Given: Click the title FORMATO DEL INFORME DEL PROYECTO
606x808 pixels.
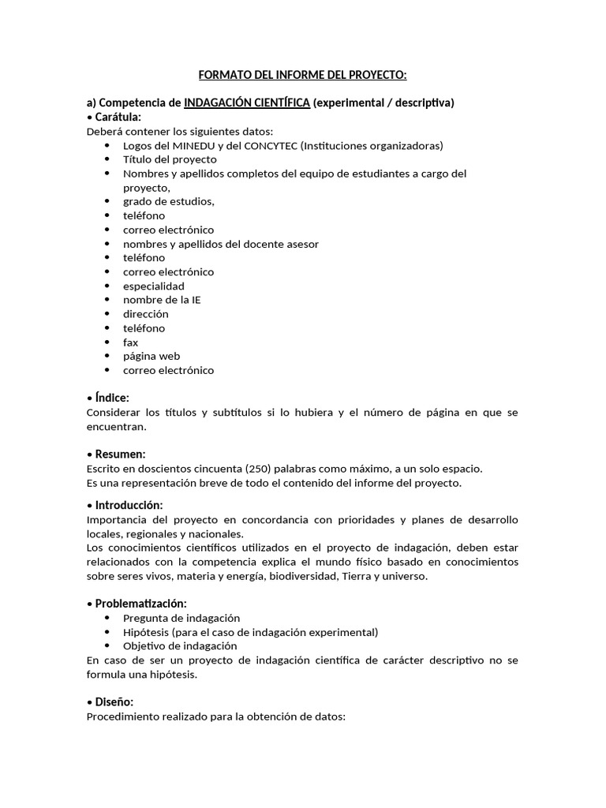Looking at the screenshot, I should point(302,75).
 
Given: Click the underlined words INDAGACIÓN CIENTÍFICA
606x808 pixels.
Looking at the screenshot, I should point(246,103).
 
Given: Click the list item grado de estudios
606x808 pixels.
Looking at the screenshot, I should point(168,201).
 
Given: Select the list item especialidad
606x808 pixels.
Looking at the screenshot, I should point(153,286).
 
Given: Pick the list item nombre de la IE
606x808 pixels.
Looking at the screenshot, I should point(162,300).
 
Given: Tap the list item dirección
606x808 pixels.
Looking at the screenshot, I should point(145,314).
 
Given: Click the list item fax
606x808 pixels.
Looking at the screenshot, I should point(130,342).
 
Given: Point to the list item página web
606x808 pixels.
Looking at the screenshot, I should point(151,356).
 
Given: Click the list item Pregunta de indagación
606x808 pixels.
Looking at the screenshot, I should point(181,618).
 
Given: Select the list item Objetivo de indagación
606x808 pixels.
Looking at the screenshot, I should point(180,645).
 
